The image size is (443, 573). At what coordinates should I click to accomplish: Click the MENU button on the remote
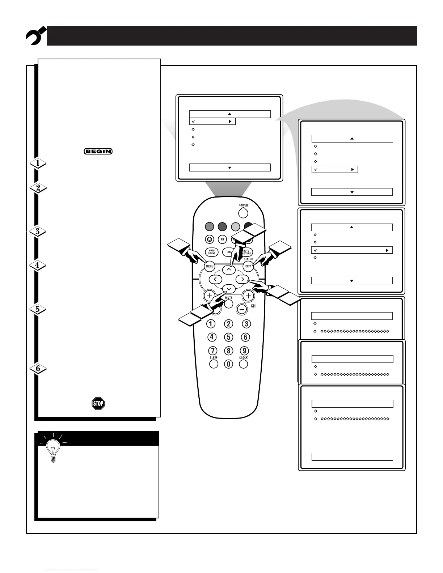point(210,267)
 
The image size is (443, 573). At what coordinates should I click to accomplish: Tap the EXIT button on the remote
point(248,267)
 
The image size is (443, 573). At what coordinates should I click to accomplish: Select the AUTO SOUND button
point(212,252)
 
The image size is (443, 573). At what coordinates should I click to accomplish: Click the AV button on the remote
point(222,239)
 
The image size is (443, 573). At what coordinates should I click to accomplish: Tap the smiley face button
point(209,239)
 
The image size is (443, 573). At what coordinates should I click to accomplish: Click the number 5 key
point(228,337)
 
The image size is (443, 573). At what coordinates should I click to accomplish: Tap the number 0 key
point(228,364)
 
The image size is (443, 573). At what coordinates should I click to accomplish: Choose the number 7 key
point(212,351)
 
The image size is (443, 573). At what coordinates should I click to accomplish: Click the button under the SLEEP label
point(214,364)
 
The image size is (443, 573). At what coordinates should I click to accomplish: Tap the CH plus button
point(248,296)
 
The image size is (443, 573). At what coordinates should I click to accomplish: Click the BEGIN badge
point(98,151)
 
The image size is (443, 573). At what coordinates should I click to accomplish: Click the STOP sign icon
point(98,403)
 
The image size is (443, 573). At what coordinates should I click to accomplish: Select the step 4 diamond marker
point(38,265)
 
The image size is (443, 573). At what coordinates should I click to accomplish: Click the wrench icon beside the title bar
point(35,35)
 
